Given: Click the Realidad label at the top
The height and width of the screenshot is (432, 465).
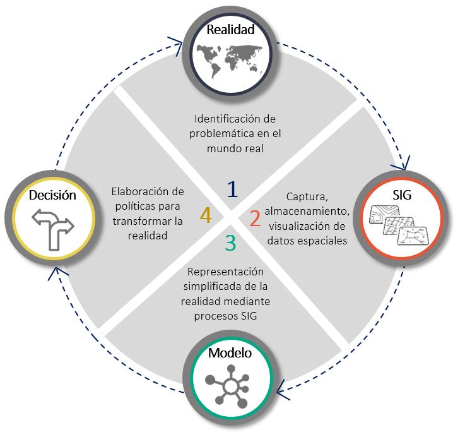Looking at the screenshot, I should [231, 30].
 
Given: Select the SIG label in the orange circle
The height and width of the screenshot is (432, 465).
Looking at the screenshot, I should [401, 195].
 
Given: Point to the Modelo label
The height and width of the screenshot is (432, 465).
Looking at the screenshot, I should [230, 353].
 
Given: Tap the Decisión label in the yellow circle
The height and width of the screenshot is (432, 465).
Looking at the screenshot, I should [52, 195].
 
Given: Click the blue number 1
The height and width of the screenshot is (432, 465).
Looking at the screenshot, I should [233, 189].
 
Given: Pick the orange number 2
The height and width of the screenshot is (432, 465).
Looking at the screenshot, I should [255, 219].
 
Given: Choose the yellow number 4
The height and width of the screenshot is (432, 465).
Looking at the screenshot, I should [206, 215].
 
